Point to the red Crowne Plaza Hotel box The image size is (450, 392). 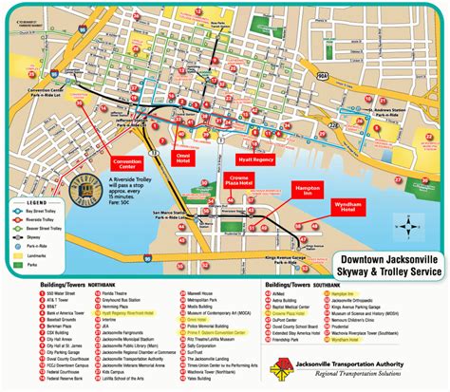(x=237, y=181)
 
